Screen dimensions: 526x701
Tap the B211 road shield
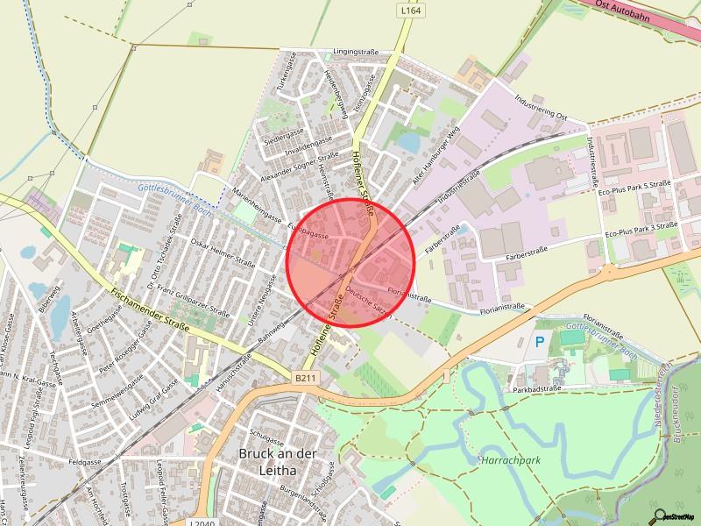coord(305,378)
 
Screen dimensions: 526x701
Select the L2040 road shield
coord(201,522)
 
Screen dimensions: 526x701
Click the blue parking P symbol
coord(540,341)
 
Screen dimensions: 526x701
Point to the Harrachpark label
coord(510,459)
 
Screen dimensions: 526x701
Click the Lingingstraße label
coord(354,53)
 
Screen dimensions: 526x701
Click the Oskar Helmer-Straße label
coord(223,252)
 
